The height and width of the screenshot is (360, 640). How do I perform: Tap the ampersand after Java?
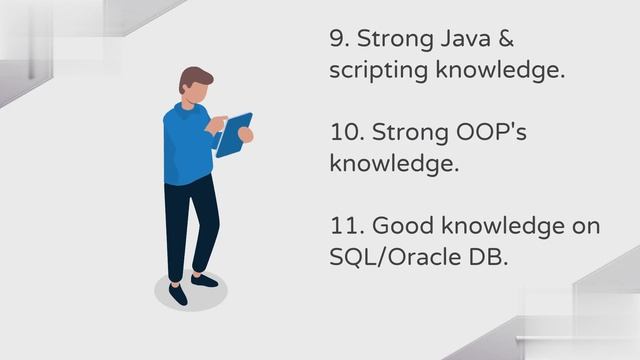[x=527, y=40]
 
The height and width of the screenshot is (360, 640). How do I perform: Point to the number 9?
[x=338, y=40]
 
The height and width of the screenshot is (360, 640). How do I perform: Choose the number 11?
[x=343, y=227]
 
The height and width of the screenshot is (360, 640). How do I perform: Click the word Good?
[x=399, y=227]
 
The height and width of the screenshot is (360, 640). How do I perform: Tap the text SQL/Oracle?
[x=396, y=258]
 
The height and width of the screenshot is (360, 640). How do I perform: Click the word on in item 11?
[x=585, y=227]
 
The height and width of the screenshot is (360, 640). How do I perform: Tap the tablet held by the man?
[x=233, y=134]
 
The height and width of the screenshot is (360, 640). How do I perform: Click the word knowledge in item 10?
[x=394, y=165]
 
